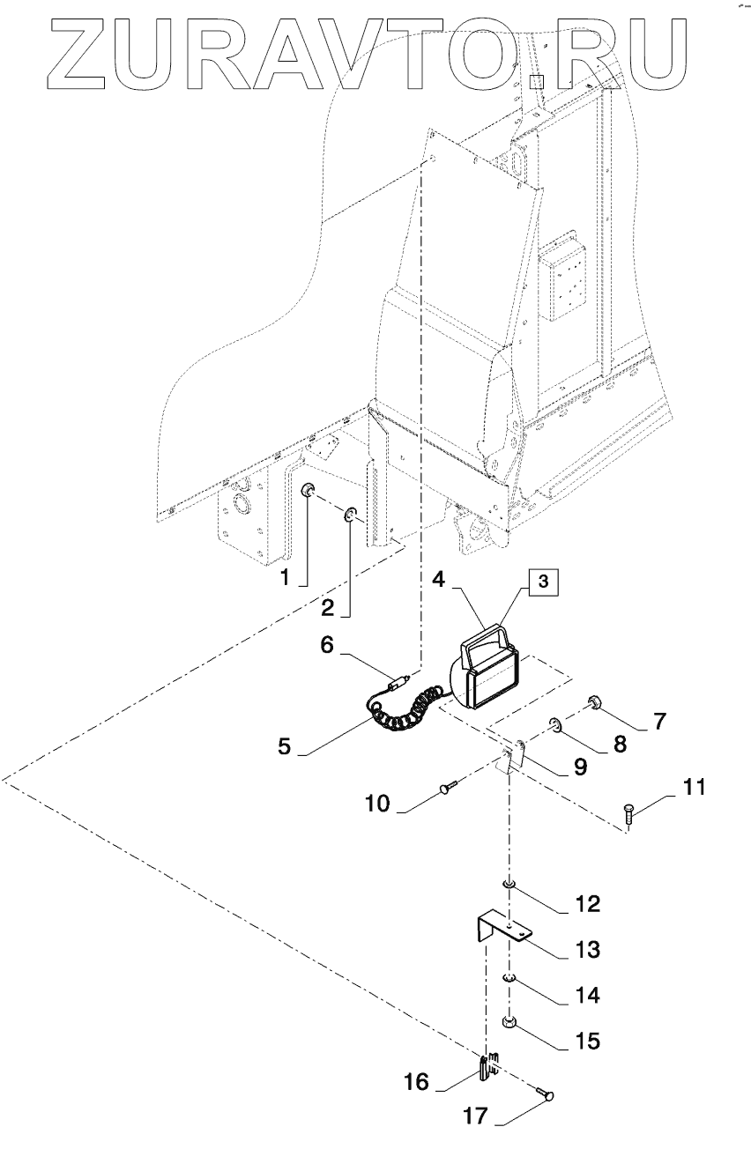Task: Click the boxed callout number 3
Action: [x=543, y=582]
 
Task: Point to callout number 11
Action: [x=694, y=787]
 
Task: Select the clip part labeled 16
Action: [x=487, y=1068]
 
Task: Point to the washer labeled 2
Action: [x=351, y=515]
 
